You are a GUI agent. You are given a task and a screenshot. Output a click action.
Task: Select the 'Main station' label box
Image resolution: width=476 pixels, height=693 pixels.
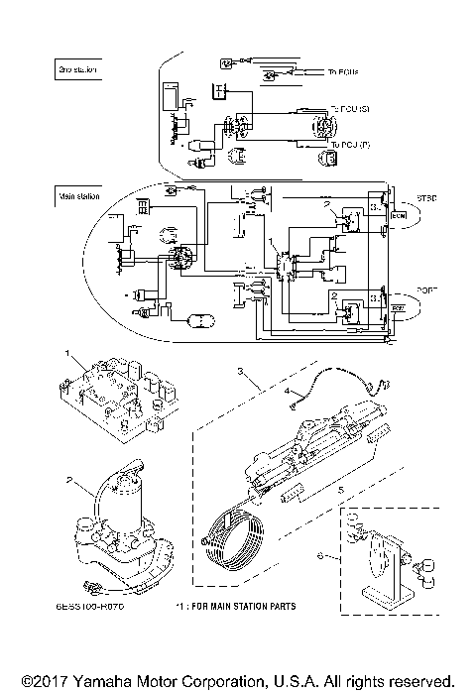(x=78, y=196)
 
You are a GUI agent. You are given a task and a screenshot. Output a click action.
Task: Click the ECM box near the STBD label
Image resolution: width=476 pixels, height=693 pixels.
(x=398, y=214)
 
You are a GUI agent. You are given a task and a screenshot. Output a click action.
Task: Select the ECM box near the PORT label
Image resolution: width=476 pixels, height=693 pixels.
(x=398, y=309)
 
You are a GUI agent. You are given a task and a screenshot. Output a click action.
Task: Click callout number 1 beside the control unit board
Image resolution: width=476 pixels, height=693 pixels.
(x=67, y=353)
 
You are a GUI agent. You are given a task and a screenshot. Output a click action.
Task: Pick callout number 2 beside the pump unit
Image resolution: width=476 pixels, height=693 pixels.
(x=67, y=480)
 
